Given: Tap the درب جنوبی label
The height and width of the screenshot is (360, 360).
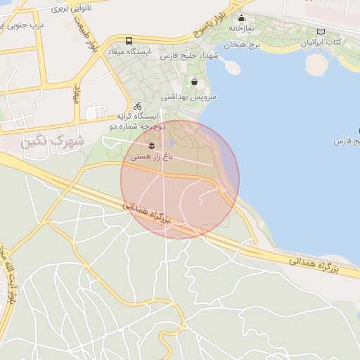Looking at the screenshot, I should coord(21,25).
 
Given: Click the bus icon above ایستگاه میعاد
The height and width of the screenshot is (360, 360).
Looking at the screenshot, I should coord(129,41).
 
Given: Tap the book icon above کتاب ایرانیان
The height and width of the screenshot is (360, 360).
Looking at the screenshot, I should coord(321,32).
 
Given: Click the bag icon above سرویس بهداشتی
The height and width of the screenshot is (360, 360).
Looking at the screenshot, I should coord(193,82).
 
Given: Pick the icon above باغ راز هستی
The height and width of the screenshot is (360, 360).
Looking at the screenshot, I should coord(151,146).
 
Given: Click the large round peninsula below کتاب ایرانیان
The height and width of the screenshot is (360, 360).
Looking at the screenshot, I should coord(317,64).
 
